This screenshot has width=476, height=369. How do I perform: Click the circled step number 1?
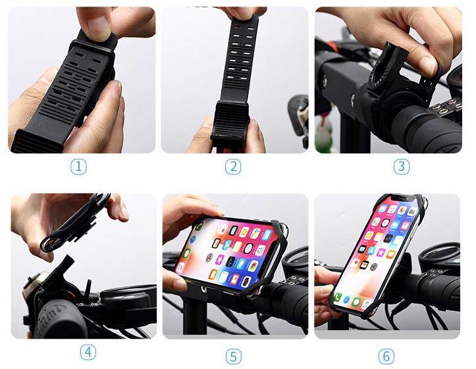point(79,166)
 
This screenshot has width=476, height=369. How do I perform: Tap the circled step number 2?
point(233,166)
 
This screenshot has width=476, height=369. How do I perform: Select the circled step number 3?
point(402,166)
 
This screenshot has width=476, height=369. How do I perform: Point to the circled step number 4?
point(88,352)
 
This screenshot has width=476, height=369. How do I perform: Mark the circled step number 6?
point(386,356)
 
